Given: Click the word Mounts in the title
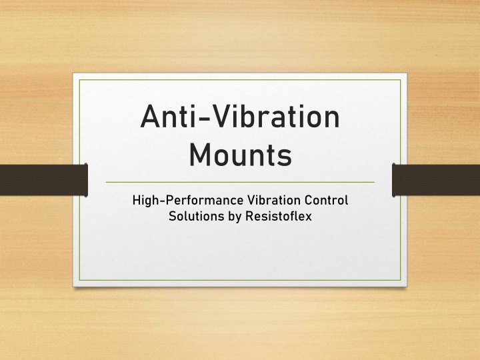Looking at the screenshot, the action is pyautogui.click(x=240, y=155).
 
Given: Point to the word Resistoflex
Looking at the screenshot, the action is pyautogui.click(x=279, y=216).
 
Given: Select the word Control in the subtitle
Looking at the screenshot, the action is pyautogui.click(x=326, y=200).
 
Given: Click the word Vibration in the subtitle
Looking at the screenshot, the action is pyautogui.click(x=274, y=200).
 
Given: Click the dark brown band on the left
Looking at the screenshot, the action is pyautogui.click(x=44, y=180).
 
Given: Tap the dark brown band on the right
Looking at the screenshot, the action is pyautogui.click(x=436, y=180).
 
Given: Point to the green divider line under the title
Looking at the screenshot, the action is pyautogui.click(x=240, y=182).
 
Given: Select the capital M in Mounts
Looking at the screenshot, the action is pyautogui.click(x=201, y=155).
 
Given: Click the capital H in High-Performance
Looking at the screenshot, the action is pyautogui.click(x=137, y=200).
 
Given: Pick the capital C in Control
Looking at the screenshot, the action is pyautogui.click(x=309, y=200).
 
